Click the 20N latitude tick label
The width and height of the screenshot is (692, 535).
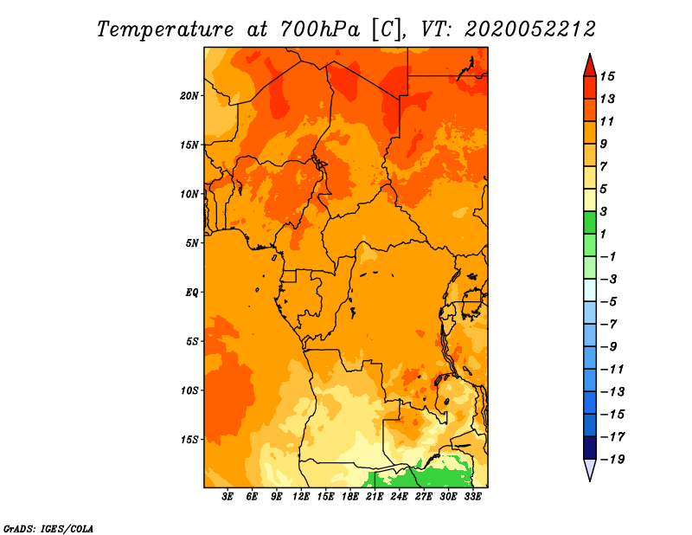(189, 96)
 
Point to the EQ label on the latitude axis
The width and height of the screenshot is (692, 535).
(192, 293)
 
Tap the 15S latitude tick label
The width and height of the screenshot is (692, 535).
(189, 440)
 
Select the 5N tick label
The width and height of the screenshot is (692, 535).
(192, 243)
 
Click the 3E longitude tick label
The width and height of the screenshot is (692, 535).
(227, 497)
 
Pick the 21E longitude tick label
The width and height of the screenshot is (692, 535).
(375, 497)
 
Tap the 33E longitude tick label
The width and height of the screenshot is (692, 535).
(473, 497)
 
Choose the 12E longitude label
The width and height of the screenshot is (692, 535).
(301, 497)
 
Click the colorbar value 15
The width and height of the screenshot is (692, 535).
(607, 76)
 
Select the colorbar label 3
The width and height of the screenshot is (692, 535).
(604, 211)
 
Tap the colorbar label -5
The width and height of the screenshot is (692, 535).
(609, 302)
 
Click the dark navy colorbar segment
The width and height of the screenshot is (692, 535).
(590, 448)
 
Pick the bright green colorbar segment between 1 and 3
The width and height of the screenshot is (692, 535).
(590, 222)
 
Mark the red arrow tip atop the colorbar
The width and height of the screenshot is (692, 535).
(590, 54)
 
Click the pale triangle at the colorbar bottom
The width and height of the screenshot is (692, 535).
(590, 469)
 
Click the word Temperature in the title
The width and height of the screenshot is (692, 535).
(165, 29)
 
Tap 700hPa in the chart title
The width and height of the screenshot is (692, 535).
(320, 29)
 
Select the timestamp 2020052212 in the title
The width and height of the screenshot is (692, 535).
(530, 29)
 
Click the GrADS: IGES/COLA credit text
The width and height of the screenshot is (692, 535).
(48, 529)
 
